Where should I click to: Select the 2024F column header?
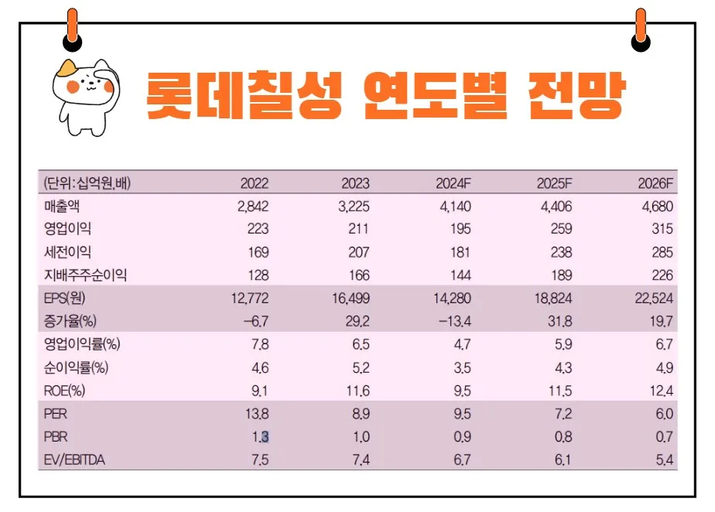(453, 184)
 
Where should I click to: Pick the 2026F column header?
(656, 184)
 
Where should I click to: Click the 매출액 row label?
(63, 207)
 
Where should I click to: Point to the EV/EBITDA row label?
(75, 461)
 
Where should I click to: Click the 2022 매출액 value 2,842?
(251, 207)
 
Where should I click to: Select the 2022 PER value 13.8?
(256, 415)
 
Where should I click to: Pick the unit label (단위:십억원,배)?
(87, 184)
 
